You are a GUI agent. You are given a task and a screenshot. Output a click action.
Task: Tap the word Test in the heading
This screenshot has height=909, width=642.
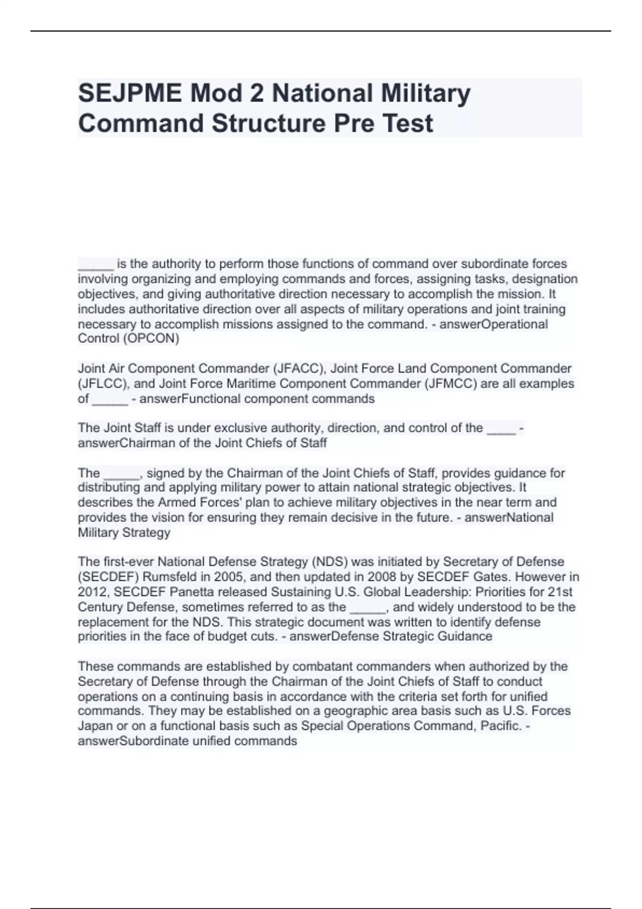(x=408, y=123)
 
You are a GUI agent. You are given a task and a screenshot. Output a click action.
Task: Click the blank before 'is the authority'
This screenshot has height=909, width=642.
(x=95, y=264)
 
